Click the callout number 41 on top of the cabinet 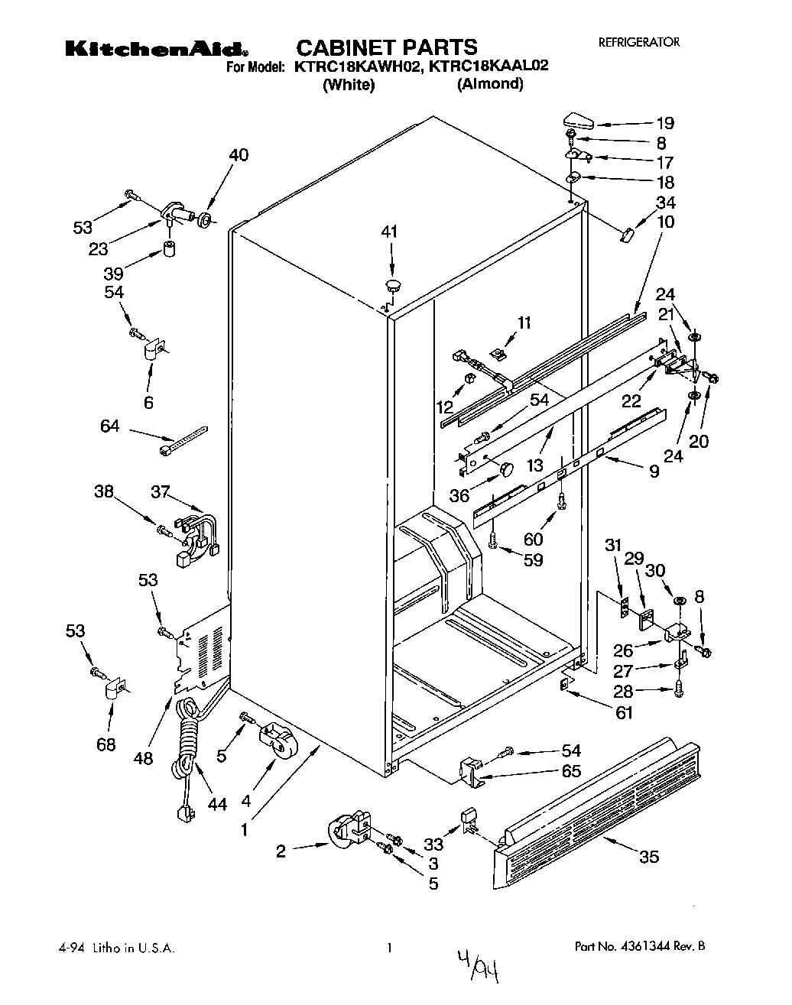[x=390, y=232]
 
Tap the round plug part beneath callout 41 [x=394, y=285]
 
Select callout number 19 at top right [x=664, y=123]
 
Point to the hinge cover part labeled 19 [x=579, y=119]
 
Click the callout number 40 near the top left [x=239, y=155]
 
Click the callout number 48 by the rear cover [x=143, y=758]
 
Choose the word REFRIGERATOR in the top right [x=638, y=43]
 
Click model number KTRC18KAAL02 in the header [x=489, y=66]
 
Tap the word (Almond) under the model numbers [x=490, y=85]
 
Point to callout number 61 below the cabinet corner [x=625, y=713]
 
